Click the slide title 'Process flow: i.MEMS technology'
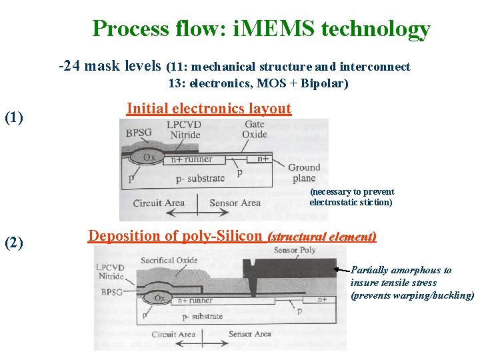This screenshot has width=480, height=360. point(261,29)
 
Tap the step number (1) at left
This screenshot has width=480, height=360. point(14,118)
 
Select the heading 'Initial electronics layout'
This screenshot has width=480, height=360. point(209,108)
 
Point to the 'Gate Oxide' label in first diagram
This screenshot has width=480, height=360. point(254,129)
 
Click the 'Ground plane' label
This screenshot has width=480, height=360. point(304,173)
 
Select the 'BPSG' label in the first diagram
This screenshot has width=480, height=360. point(139,132)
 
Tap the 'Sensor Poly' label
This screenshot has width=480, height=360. point(294,250)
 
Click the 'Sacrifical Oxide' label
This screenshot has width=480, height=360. point(169,260)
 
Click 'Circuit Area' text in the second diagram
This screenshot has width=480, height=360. point(174,334)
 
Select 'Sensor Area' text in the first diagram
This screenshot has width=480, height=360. point(235,203)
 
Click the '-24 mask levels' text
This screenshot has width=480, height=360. point(110,66)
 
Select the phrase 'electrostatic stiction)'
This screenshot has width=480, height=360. point(351,202)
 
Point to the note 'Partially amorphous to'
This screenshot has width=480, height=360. point(401,270)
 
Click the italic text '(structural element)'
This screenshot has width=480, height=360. point(321,237)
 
